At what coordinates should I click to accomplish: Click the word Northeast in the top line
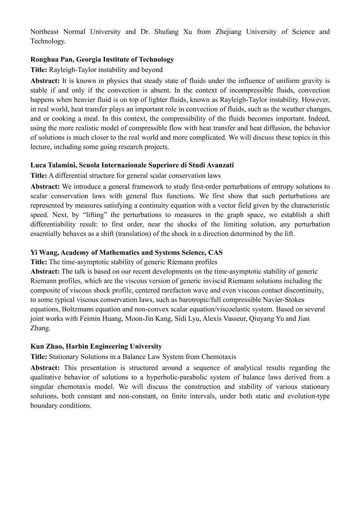(44, 32)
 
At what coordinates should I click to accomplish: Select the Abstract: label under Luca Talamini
(45, 187)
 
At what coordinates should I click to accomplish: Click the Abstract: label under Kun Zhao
(45, 368)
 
